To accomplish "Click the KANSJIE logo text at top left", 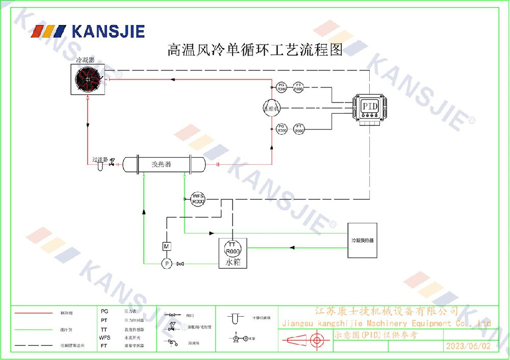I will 108,32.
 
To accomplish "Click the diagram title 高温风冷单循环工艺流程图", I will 255,50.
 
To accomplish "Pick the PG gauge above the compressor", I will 282,86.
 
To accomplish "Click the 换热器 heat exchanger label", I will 162,164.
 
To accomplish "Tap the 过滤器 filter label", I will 99,160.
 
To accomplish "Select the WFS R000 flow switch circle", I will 198,199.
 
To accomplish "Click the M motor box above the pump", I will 166,246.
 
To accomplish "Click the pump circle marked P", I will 166,264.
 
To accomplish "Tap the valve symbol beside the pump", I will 180,264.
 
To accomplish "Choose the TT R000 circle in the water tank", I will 233,248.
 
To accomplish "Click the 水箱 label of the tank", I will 233,263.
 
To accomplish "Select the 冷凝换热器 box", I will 362,240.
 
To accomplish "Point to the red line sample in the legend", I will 34,313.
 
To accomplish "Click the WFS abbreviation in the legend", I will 105,338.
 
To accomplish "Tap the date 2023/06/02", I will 468,346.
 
